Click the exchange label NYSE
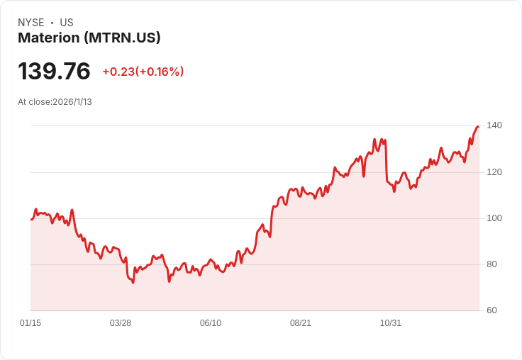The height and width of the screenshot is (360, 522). (x=31, y=23)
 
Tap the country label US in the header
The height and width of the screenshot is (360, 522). (x=67, y=23)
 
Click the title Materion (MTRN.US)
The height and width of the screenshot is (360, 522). (x=89, y=38)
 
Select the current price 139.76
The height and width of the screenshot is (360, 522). (x=54, y=71)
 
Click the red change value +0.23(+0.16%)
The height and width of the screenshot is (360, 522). (x=143, y=72)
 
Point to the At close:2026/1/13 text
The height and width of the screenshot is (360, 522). (x=55, y=102)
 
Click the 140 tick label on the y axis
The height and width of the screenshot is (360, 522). (x=494, y=125)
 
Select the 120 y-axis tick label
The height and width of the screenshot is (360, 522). (x=494, y=172)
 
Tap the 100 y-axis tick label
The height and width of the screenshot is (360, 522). (x=494, y=218)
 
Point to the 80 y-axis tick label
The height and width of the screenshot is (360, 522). (x=492, y=264)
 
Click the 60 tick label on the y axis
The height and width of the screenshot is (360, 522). (x=492, y=310)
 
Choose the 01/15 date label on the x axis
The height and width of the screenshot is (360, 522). (x=30, y=323)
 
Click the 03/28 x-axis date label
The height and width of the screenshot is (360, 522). (x=121, y=323)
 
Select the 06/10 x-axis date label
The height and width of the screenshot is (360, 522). (x=211, y=323)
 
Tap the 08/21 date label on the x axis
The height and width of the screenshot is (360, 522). (x=301, y=323)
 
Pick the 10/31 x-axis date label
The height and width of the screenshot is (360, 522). (x=391, y=323)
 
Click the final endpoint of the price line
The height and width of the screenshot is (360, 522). (x=479, y=126)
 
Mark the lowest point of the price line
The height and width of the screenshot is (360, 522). (x=133, y=283)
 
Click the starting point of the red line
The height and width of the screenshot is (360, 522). (x=31, y=220)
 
